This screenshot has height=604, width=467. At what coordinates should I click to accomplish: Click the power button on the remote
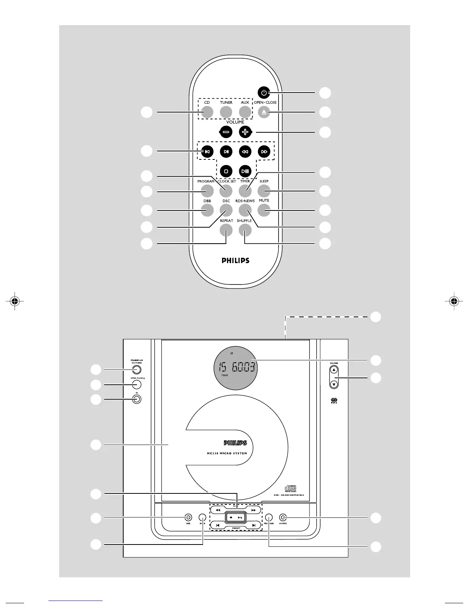(264, 93)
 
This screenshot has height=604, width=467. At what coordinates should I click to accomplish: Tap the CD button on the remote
(207, 112)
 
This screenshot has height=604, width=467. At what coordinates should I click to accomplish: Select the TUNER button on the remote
(226, 112)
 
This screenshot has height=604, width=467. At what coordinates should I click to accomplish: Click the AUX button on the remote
(245, 112)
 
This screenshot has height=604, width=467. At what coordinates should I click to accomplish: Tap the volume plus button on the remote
(245, 132)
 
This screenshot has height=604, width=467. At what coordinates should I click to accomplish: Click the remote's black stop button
(226, 171)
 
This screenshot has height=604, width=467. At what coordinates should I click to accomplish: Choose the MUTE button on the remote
(264, 210)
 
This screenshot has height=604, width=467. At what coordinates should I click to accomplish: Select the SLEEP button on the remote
(264, 190)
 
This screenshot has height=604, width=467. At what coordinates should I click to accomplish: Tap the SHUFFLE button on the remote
(245, 230)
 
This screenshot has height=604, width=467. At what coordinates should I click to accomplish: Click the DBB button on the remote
(207, 210)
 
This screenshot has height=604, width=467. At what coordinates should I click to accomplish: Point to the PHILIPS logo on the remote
(235, 261)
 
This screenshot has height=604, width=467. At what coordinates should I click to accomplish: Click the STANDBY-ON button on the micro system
(137, 369)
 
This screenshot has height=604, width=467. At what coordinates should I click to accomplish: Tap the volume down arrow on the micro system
(334, 384)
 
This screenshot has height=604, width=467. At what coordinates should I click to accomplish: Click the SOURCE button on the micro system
(283, 517)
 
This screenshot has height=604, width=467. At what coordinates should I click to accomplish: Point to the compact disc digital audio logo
(291, 489)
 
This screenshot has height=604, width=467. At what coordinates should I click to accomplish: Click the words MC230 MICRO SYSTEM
(224, 453)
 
